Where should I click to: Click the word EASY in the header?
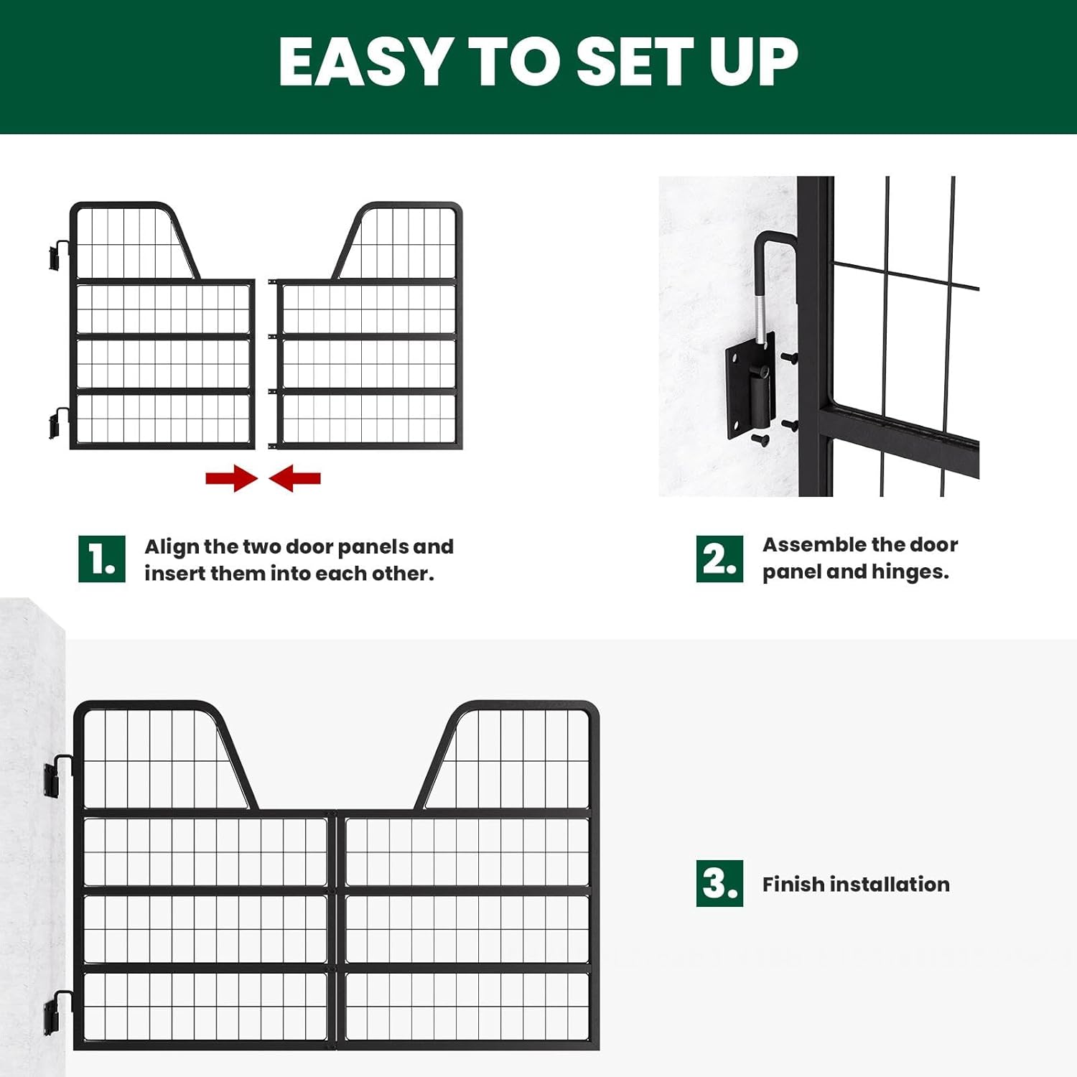[x=363, y=62]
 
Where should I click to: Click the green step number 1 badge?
[x=102, y=559]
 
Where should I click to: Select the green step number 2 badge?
[x=719, y=559]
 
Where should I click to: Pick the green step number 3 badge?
[x=719, y=883]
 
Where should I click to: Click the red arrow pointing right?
[x=231, y=478]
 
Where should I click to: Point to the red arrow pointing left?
[x=295, y=478]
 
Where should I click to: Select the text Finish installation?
[x=856, y=885]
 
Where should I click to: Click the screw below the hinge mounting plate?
[x=760, y=439]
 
